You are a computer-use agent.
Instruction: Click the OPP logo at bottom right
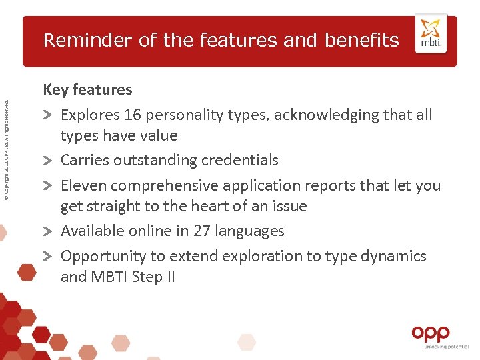(x=430, y=333)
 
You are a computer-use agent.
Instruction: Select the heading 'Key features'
(x=87, y=89)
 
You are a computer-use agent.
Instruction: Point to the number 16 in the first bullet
(x=132, y=115)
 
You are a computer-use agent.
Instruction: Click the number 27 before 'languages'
(x=202, y=231)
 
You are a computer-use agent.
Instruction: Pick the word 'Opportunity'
(x=103, y=257)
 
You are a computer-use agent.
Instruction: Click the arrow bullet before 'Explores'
(x=49, y=115)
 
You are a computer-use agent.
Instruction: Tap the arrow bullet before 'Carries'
(x=49, y=161)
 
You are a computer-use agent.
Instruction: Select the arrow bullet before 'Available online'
(x=49, y=232)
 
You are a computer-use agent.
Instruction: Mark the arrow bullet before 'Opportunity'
(x=49, y=257)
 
